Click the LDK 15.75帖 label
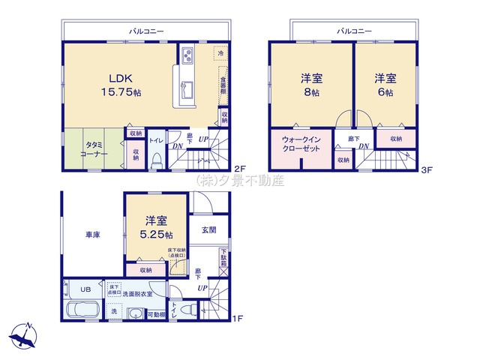(121, 84)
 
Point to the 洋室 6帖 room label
(384, 84)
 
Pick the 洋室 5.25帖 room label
(157, 227)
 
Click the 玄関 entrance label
(208, 230)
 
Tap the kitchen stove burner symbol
(187, 55)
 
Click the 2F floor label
(240, 169)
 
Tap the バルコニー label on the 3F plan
(353, 31)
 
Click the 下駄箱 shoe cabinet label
(223, 258)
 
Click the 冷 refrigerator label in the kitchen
(220, 53)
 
